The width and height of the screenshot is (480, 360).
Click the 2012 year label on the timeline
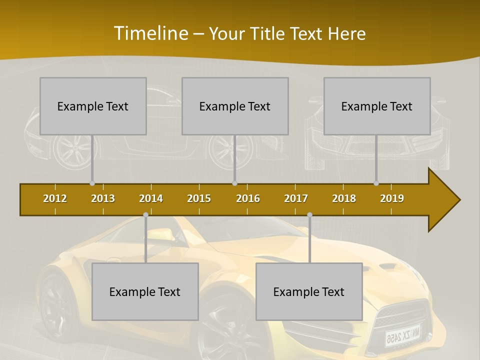[55, 198]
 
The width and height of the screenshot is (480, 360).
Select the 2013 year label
[103, 198]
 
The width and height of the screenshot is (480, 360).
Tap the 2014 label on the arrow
[151, 198]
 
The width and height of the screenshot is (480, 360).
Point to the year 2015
[199, 198]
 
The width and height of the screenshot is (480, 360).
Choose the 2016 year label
[248, 198]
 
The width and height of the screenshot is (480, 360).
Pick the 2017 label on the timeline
[296, 198]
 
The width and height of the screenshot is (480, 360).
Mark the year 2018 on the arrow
[344, 198]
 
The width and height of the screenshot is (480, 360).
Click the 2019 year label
[392, 198]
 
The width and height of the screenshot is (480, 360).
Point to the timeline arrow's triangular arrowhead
[443, 200]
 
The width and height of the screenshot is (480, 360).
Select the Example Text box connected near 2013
[93, 106]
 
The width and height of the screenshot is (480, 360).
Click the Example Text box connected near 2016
[235, 106]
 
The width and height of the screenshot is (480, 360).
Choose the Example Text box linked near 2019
[377, 106]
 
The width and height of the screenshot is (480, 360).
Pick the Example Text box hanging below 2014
[145, 291]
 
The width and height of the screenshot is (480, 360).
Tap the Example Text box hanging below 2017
[309, 291]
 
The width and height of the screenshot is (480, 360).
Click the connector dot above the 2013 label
[92, 183]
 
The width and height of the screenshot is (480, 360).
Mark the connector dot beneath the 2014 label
[145, 215]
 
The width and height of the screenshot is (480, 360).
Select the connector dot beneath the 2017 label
[309, 215]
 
